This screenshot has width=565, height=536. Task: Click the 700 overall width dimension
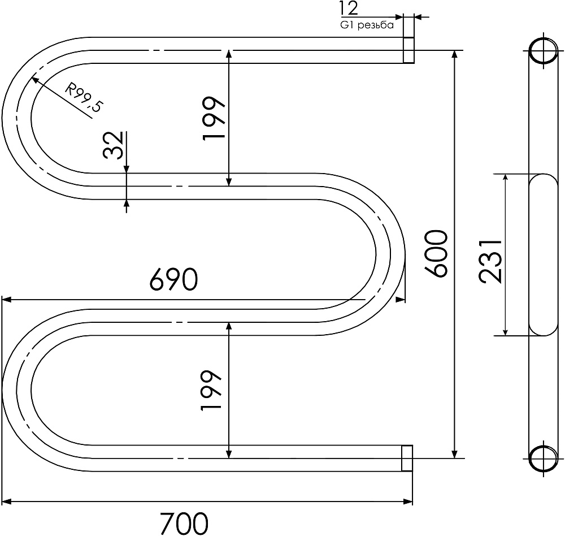[184, 523]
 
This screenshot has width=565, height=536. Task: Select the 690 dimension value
[174, 279]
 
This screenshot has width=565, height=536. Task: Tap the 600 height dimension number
[436, 253]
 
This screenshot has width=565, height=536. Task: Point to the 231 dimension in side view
[490, 261]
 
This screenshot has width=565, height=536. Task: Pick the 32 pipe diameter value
[113, 145]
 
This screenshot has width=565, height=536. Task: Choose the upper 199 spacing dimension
[214, 118]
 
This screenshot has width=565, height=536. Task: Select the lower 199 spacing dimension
[211, 390]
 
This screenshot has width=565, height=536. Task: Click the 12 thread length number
[349, 8]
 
